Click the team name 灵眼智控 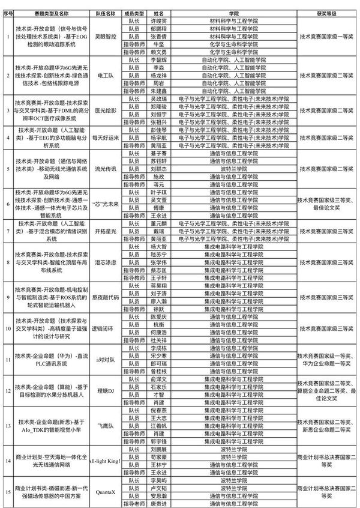tap(106, 35)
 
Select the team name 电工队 tap(106, 77)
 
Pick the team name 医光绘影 tap(106, 110)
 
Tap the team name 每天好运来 tap(106, 138)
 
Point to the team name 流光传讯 tap(106, 169)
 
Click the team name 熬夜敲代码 tap(106, 297)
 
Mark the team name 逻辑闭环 tap(106, 330)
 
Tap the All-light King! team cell tap(106, 461)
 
